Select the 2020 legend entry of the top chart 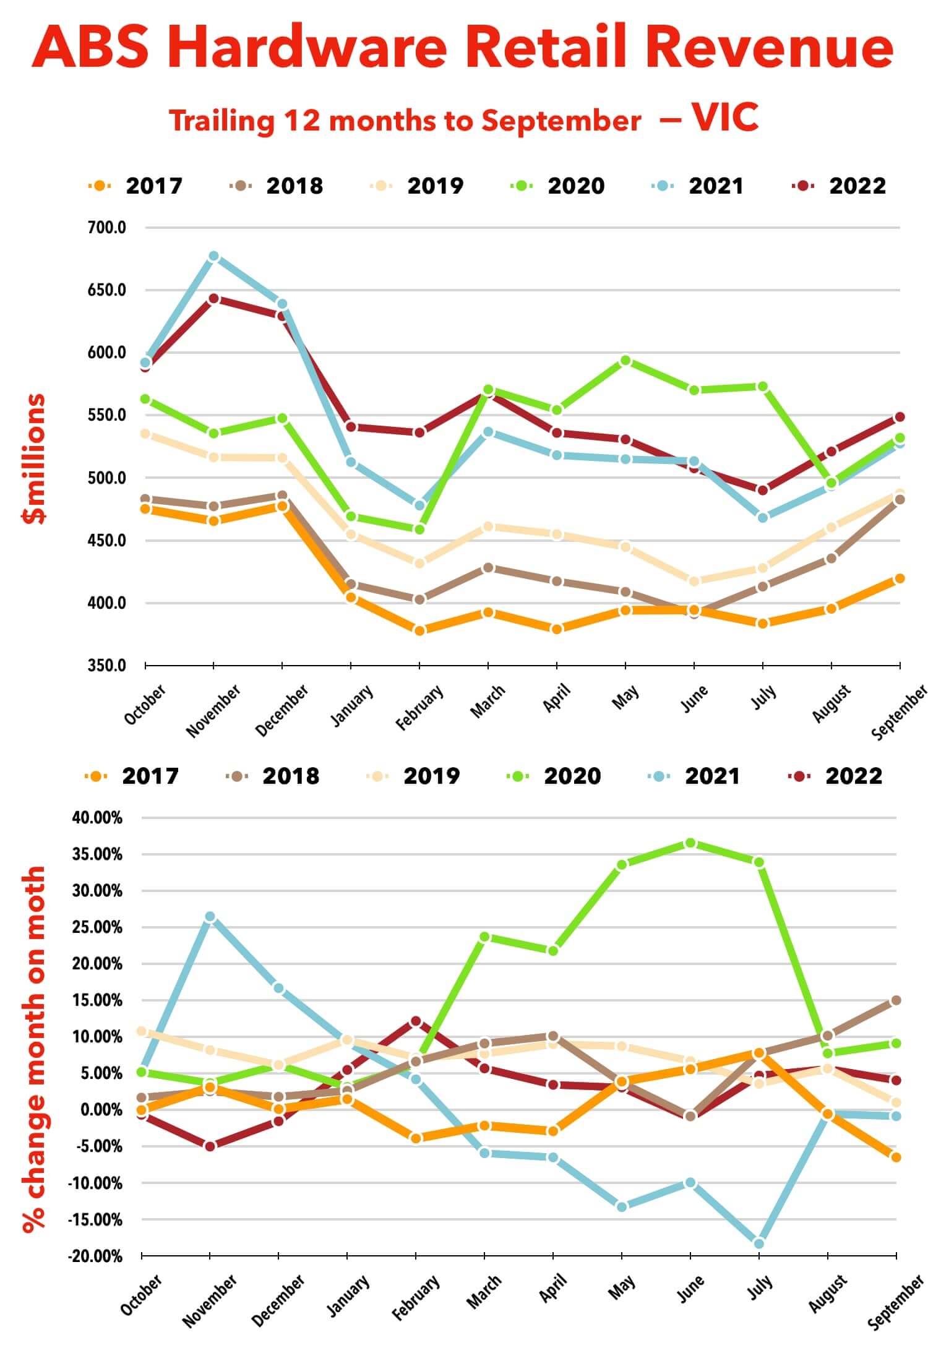click(575, 186)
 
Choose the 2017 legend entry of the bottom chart click(150, 776)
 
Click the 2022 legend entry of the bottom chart click(853, 776)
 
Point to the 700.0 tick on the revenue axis click(106, 228)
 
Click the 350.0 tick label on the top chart click(106, 666)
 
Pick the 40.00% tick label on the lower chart click(97, 818)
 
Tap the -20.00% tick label click(96, 1256)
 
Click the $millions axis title click(34, 458)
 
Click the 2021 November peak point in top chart click(213, 256)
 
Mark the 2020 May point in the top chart click(625, 360)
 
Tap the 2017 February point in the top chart click(419, 630)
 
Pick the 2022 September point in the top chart click(900, 417)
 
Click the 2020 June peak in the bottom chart click(690, 843)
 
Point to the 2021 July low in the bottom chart click(759, 1243)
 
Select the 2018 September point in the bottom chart click(896, 1000)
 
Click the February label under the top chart click(419, 706)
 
